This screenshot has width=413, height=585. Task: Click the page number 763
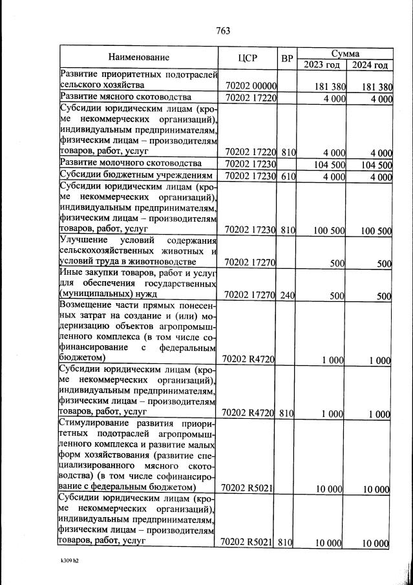[x=223, y=30]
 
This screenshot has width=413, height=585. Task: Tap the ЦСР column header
[x=248, y=58]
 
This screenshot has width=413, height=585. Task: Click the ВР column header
[x=287, y=58]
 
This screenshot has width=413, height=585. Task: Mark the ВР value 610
[x=288, y=176]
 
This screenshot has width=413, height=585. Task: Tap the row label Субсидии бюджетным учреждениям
[x=136, y=176]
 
